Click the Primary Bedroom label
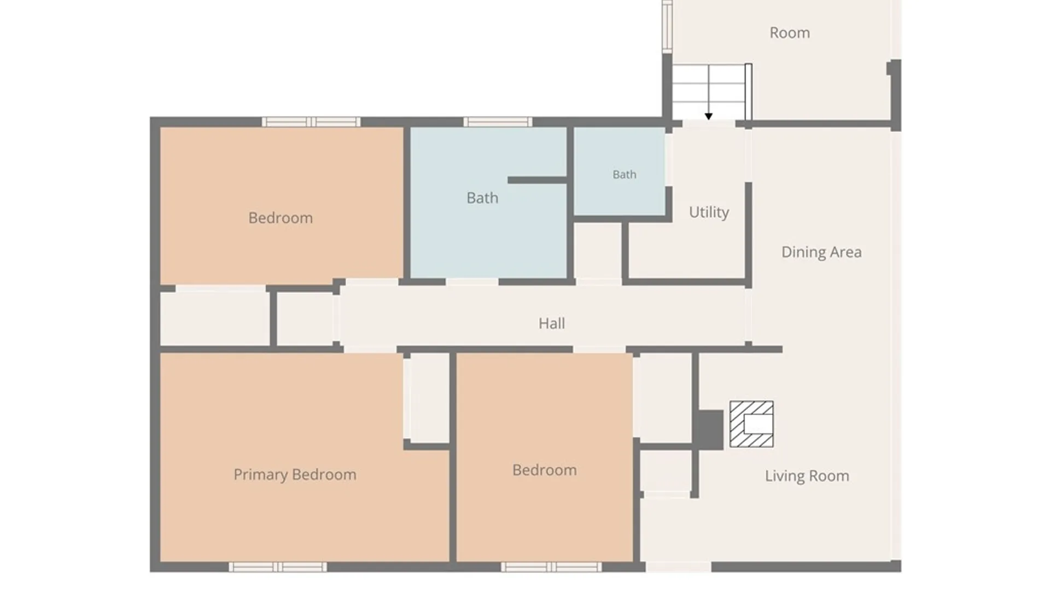(x=295, y=474)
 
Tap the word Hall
(x=551, y=323)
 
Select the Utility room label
(x=709, y=212)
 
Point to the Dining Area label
(x=821, y=252)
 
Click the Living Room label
(x=807, y=476)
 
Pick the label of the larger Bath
(x=482, y=198)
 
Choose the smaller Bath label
(x=625, y=175)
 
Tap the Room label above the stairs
(x=790, y=33)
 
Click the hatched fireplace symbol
(x=751, y=424)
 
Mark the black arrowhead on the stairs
(x=709, y=117)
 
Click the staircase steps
(x=709, y=92)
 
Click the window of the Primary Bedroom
(x=278, y=567)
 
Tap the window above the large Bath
(x=498, y=122)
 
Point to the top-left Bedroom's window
(x=311, y=122)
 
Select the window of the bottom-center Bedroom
(x=551, y=567)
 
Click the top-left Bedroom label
(x=281, y=218)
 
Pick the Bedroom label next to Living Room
(x=545, y=470)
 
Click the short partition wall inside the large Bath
(x=537, y=180)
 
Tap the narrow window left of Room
(x=667, y=26)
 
